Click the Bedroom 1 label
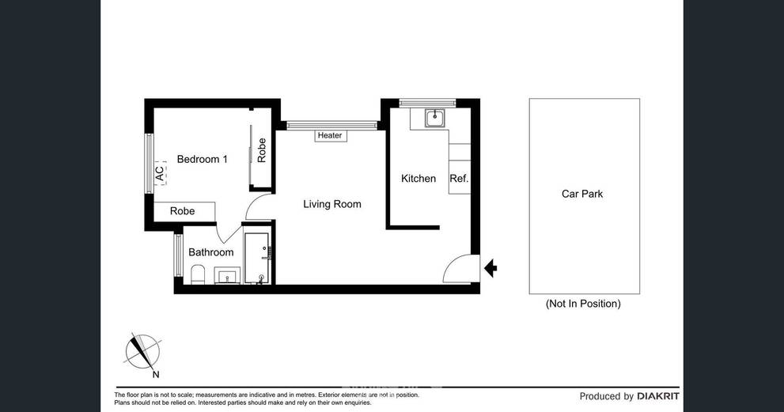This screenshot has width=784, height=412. point(202,159)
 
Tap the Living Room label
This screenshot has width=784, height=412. point(332,204)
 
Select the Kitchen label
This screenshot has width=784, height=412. point(419,179)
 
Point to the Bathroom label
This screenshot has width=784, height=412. point(211,252)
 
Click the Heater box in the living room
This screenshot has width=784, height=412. point(330,135)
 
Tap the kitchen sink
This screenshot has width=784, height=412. point(435,119)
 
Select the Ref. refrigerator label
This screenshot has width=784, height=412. point(459,179)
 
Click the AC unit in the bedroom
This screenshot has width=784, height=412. point(160,173)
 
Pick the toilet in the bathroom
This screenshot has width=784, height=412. point(198,274)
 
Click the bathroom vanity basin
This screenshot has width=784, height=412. point(227,275)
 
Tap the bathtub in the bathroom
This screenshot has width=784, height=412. point(257,259)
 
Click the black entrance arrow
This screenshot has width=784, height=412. point(490,269)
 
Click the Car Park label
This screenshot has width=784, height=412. point(582,194)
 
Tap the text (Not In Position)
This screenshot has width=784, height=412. point(583,304)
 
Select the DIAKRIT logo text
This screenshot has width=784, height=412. point(658,396)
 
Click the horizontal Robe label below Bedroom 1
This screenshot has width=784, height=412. point(183,211)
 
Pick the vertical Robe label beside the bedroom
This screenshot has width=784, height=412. point(262,150)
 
